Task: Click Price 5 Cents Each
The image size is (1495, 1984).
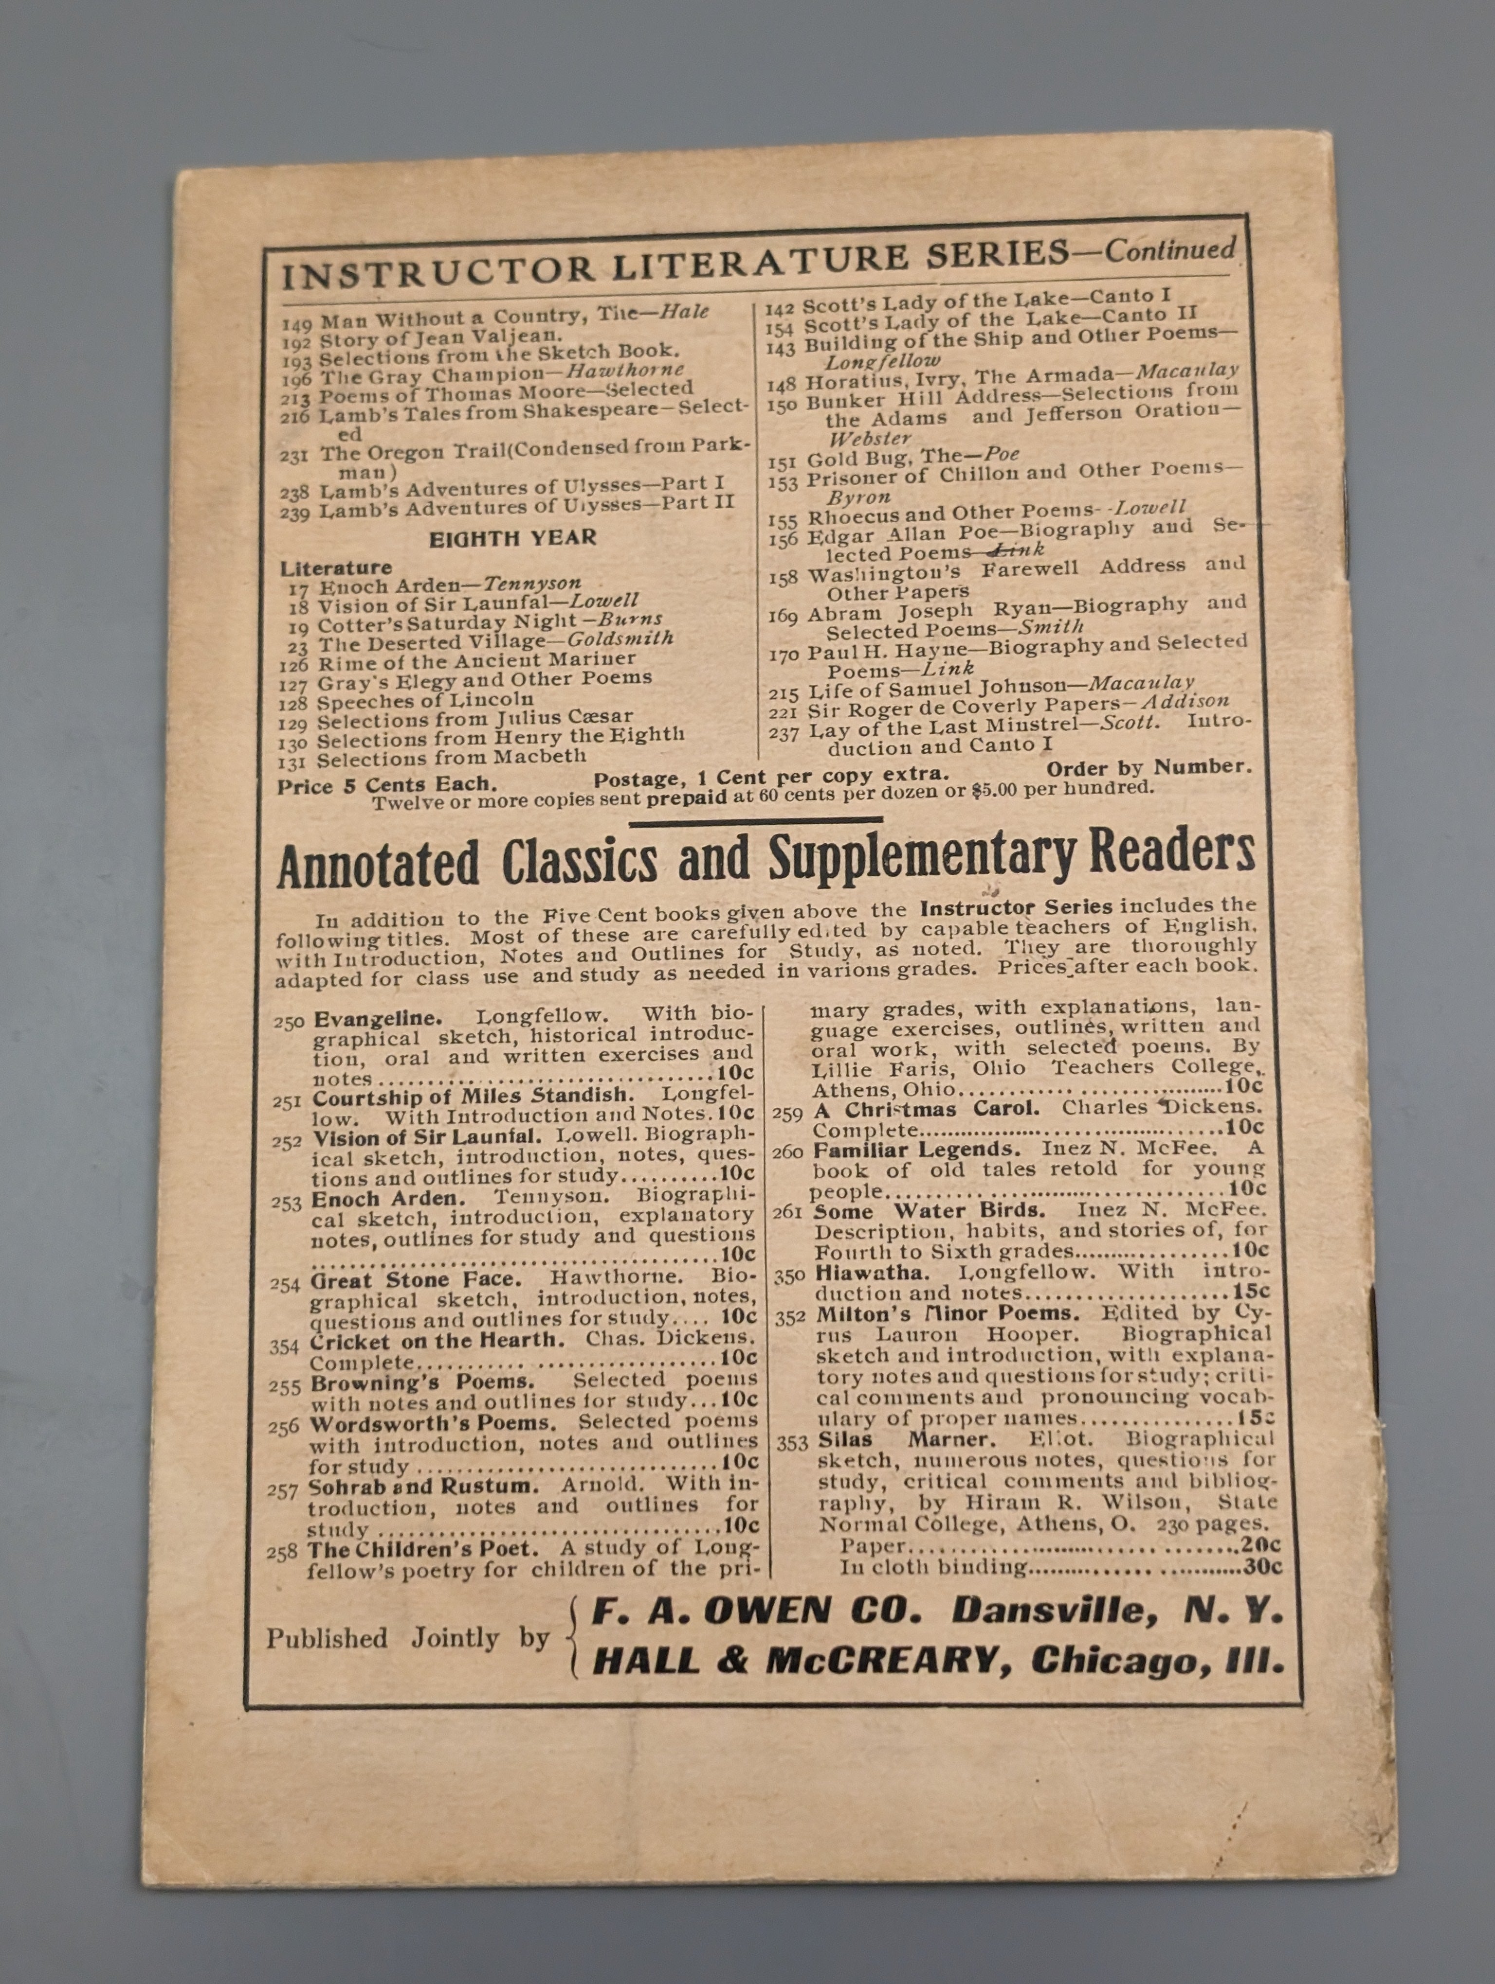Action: (386, 786)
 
